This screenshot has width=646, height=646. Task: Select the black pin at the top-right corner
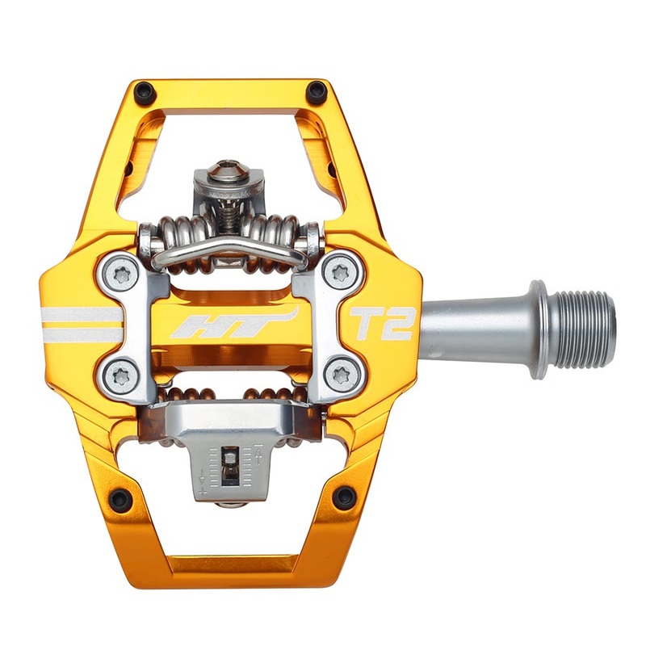pyautogui.click(x=316, y=91)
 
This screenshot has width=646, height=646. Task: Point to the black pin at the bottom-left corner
pyautogui.click(x=122, y=499)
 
